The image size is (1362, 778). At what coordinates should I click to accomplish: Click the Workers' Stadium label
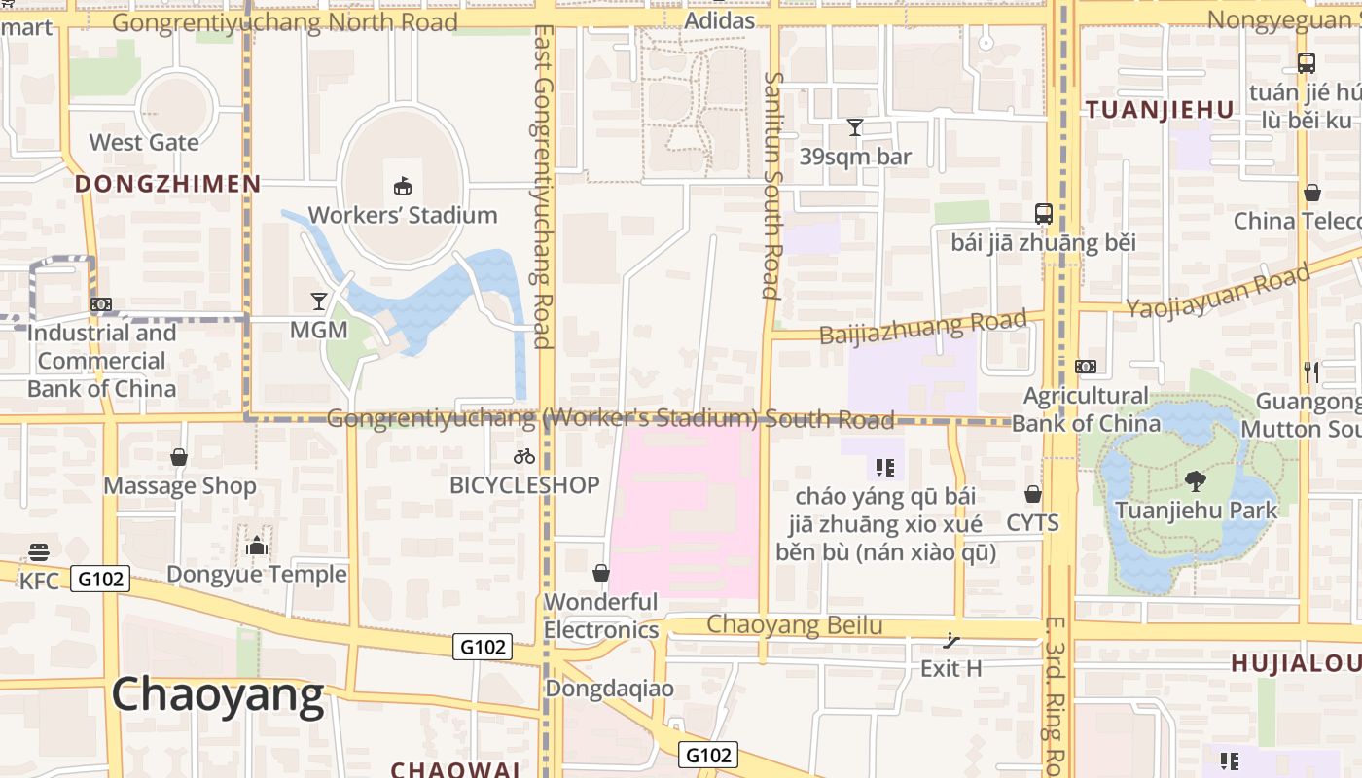coord(403,215)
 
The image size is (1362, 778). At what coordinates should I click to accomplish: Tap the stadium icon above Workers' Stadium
coord(402,185)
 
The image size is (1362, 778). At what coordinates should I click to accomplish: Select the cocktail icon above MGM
coord(319,301)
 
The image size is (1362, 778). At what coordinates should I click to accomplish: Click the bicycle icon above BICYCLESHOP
coord(524,455)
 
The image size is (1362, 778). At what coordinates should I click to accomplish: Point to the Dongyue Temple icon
coord(257,546)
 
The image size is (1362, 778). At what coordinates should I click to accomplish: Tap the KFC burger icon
coord(39,552)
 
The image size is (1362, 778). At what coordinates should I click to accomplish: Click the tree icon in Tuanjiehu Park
coord(1196,480)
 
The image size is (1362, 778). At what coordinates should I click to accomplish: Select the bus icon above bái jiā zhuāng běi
coord(1043,213)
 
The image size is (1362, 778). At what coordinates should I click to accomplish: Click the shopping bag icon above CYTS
coord(1032,494)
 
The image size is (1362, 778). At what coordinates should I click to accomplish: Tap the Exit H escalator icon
coord(951,640)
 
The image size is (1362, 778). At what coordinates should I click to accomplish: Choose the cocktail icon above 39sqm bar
coord(855,127)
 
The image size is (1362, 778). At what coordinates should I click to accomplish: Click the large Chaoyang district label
coord(217,695)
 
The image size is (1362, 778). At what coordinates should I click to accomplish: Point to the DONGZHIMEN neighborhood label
coord(167,184)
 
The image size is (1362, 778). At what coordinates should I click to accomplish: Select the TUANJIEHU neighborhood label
coord(1160,110)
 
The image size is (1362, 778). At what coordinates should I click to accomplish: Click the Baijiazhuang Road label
coord(922,328)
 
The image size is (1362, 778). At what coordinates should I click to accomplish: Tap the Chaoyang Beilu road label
coord(794,625)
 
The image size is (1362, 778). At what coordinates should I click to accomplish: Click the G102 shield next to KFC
coord(101,580)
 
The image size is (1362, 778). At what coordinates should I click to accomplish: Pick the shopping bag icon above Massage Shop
coord(179,457)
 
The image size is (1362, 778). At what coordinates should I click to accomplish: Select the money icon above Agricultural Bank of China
coord(1086,367)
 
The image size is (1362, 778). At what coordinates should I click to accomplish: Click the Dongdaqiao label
coord(609,689)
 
